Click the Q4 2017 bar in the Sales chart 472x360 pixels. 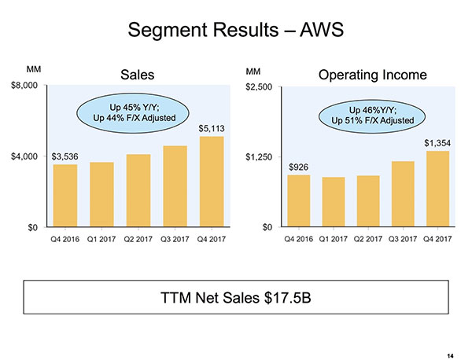[212, 182]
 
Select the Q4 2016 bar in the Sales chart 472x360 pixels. [65, 196]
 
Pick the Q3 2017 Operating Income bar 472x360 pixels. [403, 194]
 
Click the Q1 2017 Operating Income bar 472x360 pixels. [333, 202]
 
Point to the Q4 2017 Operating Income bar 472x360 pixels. [437, 189]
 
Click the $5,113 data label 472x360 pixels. [212, 128]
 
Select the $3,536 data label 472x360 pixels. [65, 156]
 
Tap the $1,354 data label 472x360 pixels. [437, 143]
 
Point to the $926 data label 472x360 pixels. [298, 167]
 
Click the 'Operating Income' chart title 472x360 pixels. [373, 75]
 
